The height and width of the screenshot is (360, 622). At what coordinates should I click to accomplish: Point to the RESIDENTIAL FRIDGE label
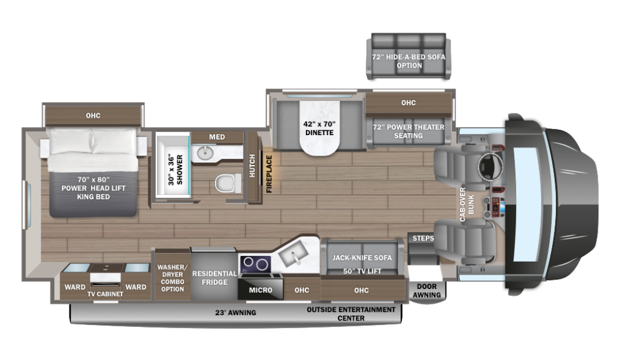[x=214, y=278]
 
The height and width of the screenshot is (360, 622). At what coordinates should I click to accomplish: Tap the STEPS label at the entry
[x=423, y=239]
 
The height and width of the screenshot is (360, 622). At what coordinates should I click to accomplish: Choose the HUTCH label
[x=253, y=166]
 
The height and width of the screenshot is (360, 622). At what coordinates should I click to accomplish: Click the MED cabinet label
[x=216, y=137]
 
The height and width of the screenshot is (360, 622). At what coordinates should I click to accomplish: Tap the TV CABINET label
[x=105, y=294]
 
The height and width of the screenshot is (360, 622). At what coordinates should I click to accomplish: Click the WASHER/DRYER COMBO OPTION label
[x=172, y=278]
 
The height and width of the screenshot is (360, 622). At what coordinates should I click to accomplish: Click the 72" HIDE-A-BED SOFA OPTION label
[x=409, y=61]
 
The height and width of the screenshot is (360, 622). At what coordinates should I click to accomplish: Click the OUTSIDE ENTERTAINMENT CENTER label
[x=351, y=314]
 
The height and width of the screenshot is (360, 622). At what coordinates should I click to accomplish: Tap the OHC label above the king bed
[x=93, y=115]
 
